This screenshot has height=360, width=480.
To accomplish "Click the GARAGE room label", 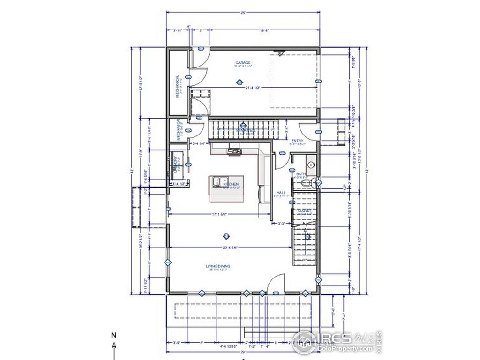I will click(243, 63).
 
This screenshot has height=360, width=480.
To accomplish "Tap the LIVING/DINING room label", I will click(218, 267).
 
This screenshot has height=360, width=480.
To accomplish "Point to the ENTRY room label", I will click(297, 141).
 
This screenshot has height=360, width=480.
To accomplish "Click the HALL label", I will click(281, 193).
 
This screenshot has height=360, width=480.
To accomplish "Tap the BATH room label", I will click(300, 174).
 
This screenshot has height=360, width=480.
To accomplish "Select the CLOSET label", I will click(305, 211).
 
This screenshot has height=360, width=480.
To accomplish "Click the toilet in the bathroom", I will click(307, 184).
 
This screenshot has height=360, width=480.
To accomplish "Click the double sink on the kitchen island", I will click(219, 181).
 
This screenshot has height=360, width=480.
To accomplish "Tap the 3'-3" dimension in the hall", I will click(282, 224).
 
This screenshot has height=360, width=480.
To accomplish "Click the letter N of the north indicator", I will click(113, 335).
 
